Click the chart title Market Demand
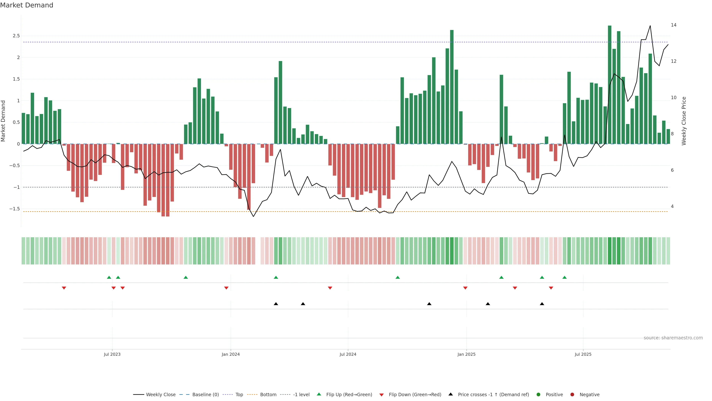tap(27, 5)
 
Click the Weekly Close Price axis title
tap(684, 121)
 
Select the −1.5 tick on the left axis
tap(15, 209)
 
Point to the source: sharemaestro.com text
tap(673, 338)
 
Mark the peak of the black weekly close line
tap(650, 26)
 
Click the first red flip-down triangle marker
tap(64, 288)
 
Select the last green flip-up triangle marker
tap(564, 277)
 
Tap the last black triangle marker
tap(542, 304)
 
